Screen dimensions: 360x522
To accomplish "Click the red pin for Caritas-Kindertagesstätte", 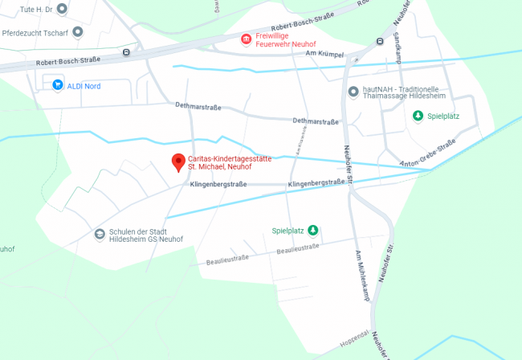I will click(x=178, y=162).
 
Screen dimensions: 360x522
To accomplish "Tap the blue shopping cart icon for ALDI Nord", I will click(x=57, y=84).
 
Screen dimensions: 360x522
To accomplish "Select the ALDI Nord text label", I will click(x=84, y=85).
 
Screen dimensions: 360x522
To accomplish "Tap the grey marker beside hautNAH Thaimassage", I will click(x=353, y=91).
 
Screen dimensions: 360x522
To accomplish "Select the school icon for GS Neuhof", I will click(x=99, y=234).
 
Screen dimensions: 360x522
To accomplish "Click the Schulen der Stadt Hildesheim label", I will click(x=148, y=234).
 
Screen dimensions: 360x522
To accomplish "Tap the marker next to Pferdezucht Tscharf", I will click(x=78, y=32).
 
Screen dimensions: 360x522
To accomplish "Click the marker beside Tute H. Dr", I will click(x=63, y=8).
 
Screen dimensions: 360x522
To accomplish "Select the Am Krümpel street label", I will click(x=325, y=54).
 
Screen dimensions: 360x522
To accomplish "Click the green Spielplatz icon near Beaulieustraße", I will click(x=313, y=231).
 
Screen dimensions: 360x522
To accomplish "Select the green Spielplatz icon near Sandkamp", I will click(x=418, y=116).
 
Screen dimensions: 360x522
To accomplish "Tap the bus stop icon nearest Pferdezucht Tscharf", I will click(x=126, y=52).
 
